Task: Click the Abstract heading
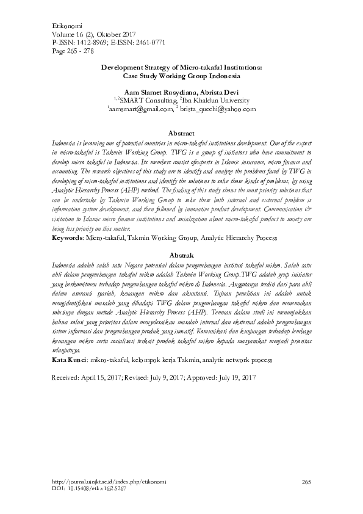coord(181,133)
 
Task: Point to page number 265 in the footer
coord(307,482)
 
